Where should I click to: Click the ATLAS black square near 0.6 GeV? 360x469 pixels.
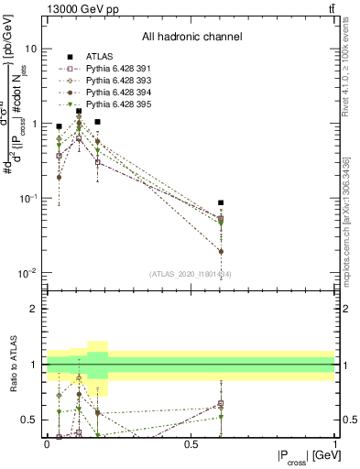pyautogui.click(x=220, y=202)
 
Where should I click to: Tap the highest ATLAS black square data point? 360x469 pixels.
pyautogui.click(x=79, y=111)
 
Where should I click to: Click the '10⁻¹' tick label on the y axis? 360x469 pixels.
pyautogui.click(x=27, y=198)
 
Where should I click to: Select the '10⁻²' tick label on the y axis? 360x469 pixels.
pyautogui.click(x=27, y=273)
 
